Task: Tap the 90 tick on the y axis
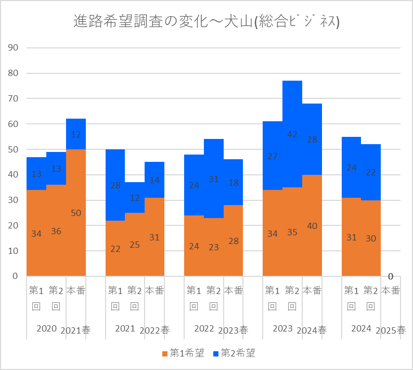pyautogui.click(x=13, y=48)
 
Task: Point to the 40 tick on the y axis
pyautogui.click(x=13, y=175)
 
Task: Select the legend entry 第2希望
pyautogui.click(x=234, y=353)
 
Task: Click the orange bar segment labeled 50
pyautogui.click(x=76, y=213)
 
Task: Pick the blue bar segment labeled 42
pyautogui.click(x=292, y=134)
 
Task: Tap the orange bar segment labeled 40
pyautogui.click(x=312, y=226)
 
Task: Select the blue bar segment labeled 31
pyautogui.click(x=213, y=178)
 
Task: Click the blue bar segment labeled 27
pyautogui.click(x=273, y=156)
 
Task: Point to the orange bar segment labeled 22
pyautogui.click(x=115, y=248)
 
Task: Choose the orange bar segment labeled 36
pyautogui.click(x=56, y=231)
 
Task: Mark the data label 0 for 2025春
pyautogui.click(x=391, y=276)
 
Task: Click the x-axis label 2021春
pyautogui.click(x=76, y=330)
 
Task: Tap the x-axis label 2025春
pyautogui.click(x=391, y=330)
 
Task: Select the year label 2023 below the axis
pyautogui.click(x=282, y=328)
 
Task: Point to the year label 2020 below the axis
pyautogui.click(x=46, y=328)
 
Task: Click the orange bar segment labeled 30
pyautogui.click(x=371, y=238)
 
